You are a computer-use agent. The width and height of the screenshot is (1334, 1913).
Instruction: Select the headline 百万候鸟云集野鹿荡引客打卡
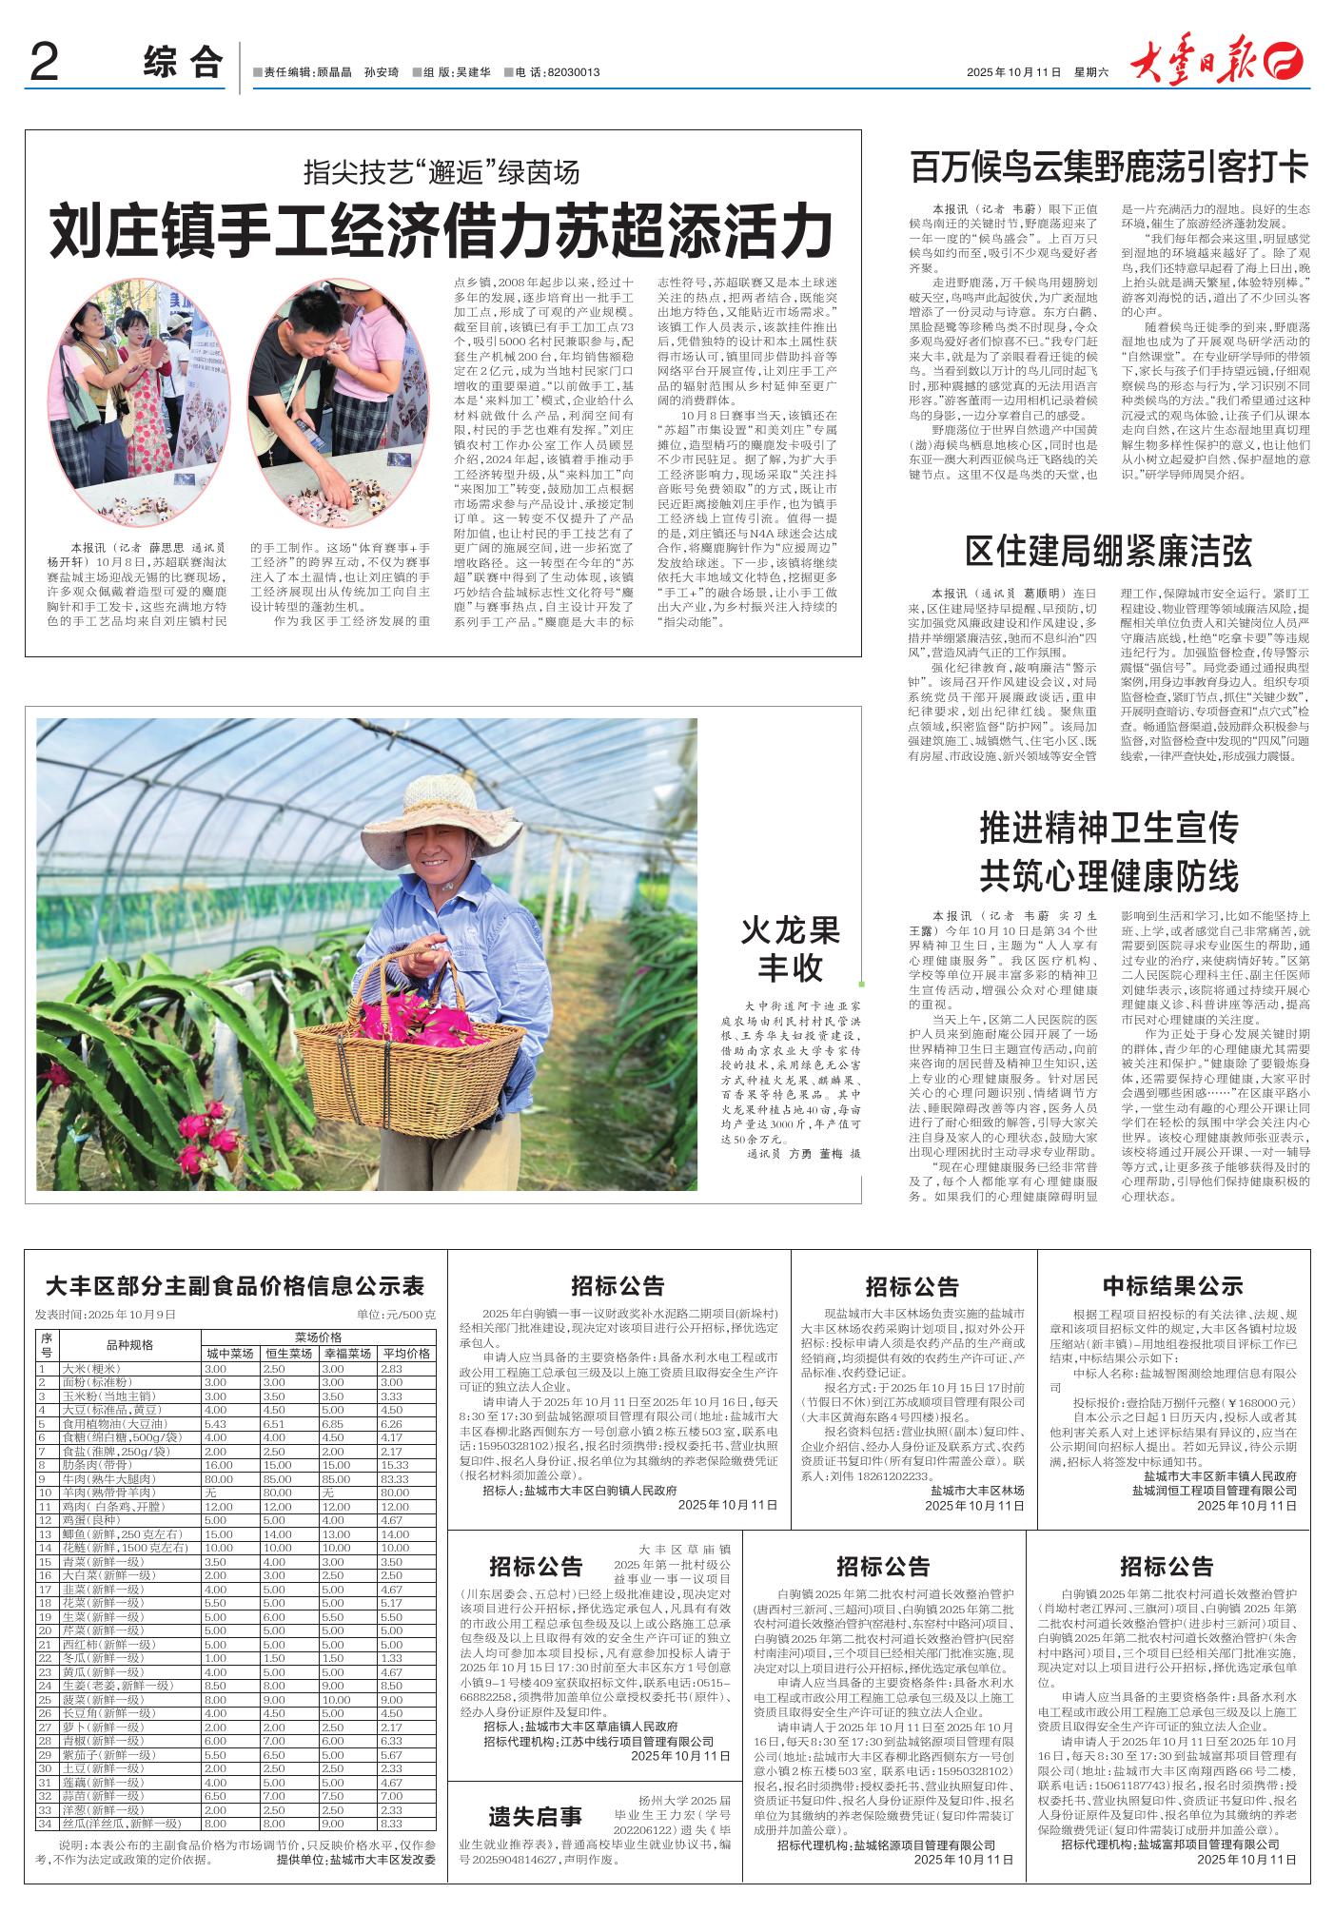(x=1109, y=167)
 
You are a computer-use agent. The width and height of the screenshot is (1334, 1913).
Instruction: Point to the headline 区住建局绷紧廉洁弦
(x=1108, y=553)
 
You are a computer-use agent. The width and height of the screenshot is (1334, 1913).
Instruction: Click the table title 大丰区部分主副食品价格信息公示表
(x=234, y=1286)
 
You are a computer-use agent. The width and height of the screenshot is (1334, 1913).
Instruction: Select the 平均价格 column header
(x=405, y=1354)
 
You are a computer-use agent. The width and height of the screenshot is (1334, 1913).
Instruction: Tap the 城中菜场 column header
(x=228, y=1354)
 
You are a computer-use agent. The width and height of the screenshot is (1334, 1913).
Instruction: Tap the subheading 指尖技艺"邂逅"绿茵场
(x=441, y=172)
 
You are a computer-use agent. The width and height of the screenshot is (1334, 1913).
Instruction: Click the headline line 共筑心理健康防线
(x=1108, y=873)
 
